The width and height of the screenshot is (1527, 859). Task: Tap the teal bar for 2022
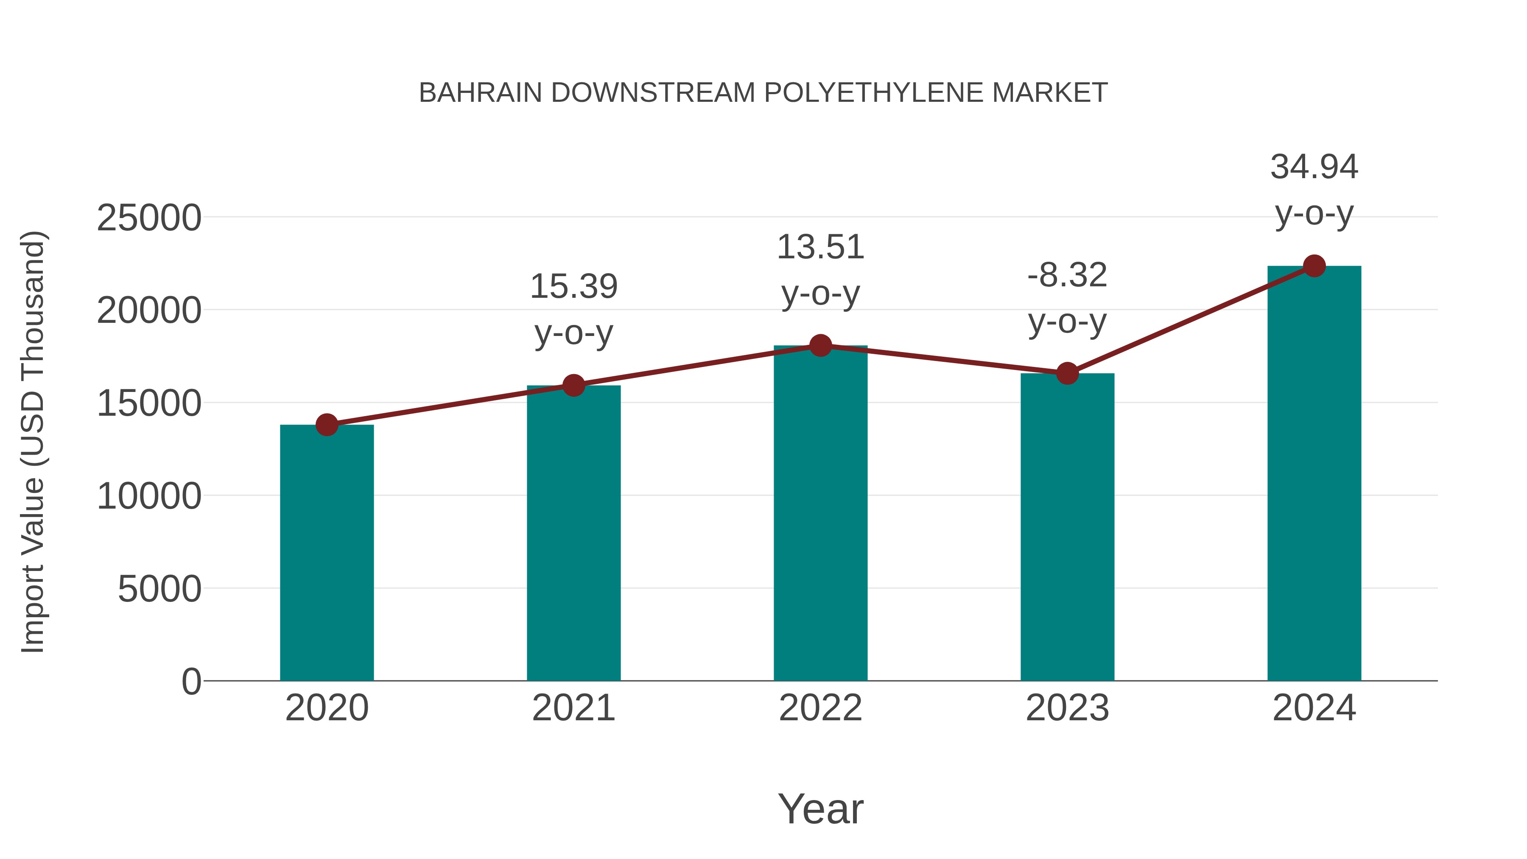pos(820,513)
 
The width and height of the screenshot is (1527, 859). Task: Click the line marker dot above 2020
pos(327,425)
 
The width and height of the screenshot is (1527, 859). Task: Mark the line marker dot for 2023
pos(1067,373)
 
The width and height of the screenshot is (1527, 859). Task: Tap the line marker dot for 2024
pos(1314,266)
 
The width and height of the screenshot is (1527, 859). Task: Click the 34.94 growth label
pos(1314,167)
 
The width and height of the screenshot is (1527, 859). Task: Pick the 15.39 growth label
pos(573,286)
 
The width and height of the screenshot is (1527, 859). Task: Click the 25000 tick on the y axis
pos(149,218)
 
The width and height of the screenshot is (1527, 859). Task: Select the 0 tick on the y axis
pos(191,681)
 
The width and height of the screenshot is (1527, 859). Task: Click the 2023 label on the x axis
pos(1067,708)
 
